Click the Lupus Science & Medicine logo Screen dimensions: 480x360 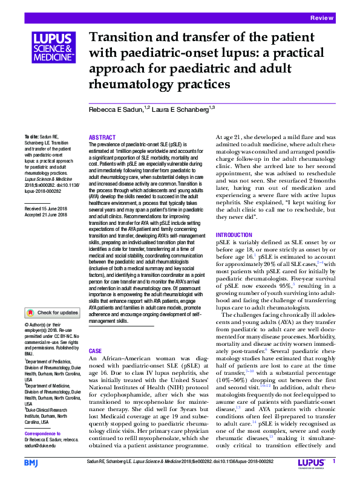53,48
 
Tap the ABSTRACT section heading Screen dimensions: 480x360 102,138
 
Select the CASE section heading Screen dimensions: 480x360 95,351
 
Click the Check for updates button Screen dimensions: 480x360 51,313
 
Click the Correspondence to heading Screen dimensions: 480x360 46,434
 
